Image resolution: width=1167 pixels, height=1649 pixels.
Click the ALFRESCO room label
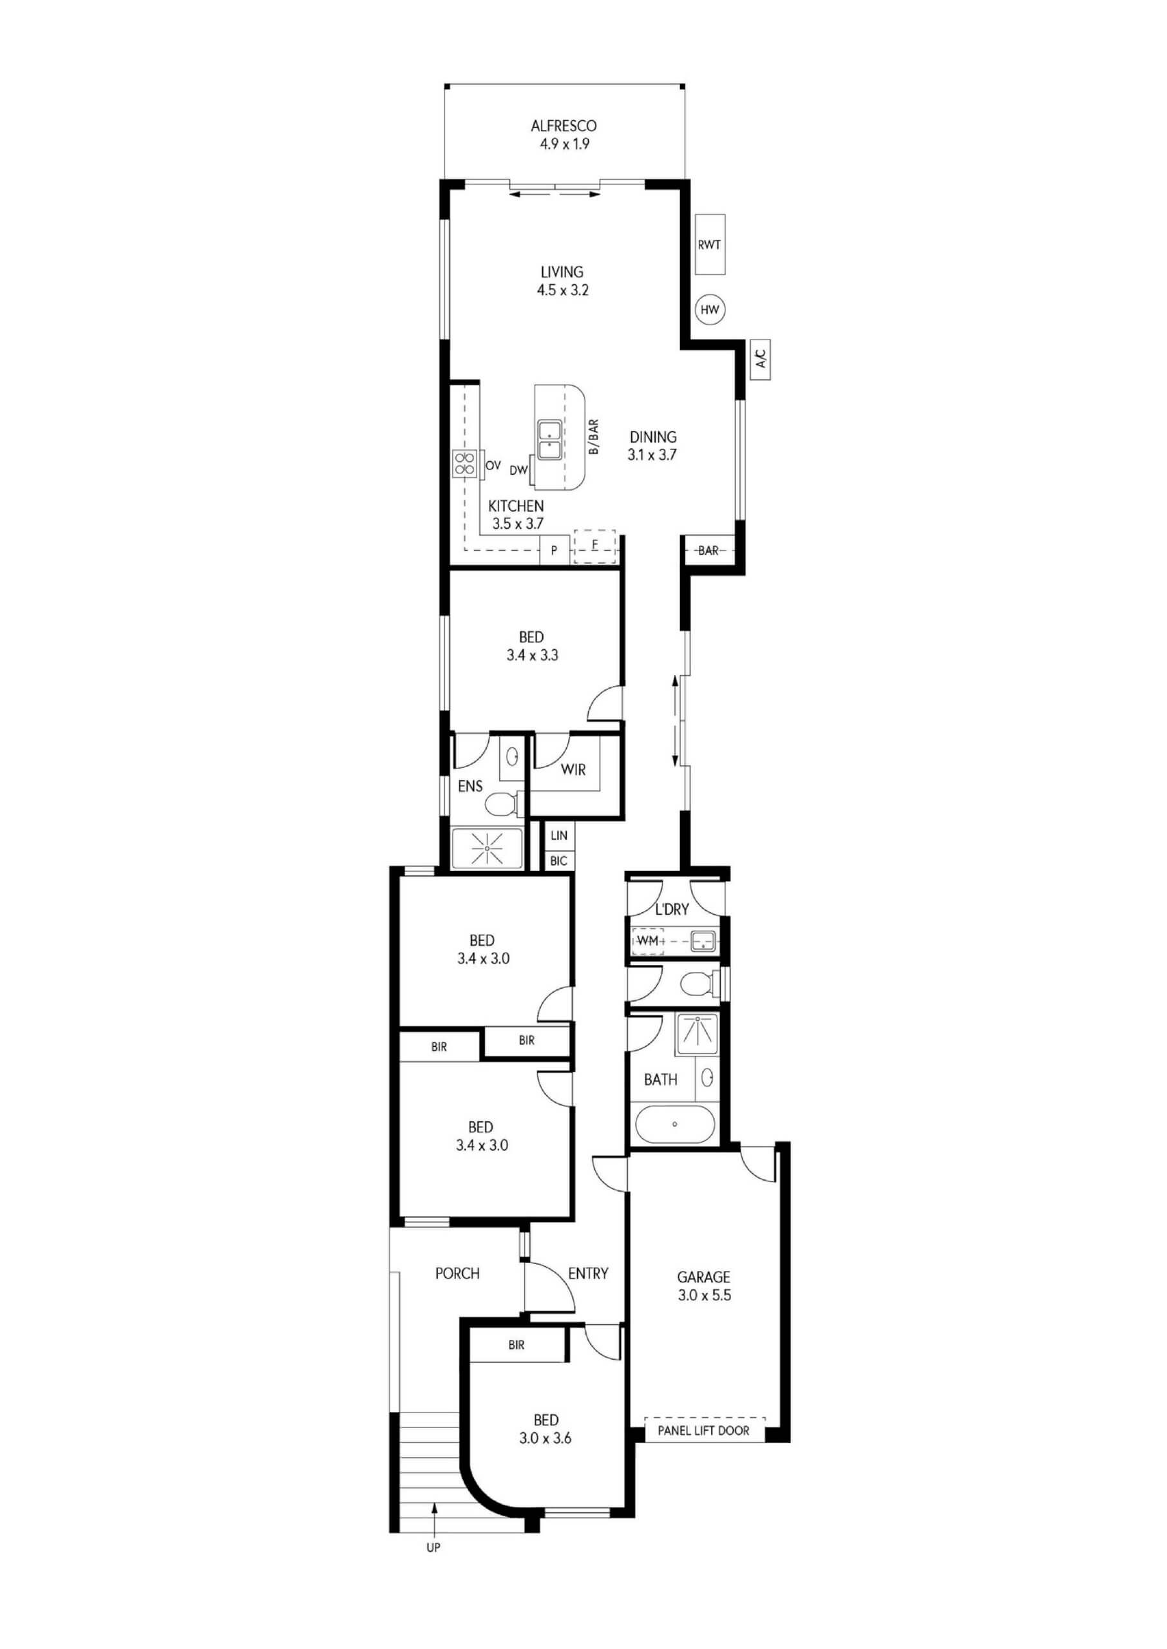pyautogui.click(x=564, y=126)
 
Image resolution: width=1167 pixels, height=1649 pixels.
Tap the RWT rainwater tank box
pyautogui.click(x=709, y=244)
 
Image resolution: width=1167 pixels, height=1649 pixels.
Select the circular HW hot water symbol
pyautogui.click(x=710, y=310)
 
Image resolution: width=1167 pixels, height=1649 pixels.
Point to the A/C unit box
pyautogui.click(x=760, y=359)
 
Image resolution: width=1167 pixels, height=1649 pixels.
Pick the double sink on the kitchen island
pyautogui.click(x=550, y=441)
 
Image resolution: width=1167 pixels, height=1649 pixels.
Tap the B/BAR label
pyautogui.click(x=594, y=437)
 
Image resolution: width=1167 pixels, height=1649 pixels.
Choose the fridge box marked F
pyautogui.click(x=595, y=546)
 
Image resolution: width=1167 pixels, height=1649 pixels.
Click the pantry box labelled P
pyautogui.click(x=555, y=550)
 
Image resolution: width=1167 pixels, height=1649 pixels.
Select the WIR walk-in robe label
pyautogui.click(x=573, y=770)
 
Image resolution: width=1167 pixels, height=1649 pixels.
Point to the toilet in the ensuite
pyautogui.click(x=504, y=804)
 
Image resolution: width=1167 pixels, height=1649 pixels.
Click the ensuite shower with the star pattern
pyautogui.click(x=487, y=848)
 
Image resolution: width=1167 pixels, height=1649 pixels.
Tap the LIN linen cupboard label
pyautogui.click(x=558, y=835)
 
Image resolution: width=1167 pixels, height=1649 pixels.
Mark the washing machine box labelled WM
pyautogui.click(x=648, y=940)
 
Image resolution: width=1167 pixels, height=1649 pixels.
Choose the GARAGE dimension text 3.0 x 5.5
pyautogui.click(x=704, y=1295)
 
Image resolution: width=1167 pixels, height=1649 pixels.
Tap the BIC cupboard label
pyautogui.click(x=558, y=860)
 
